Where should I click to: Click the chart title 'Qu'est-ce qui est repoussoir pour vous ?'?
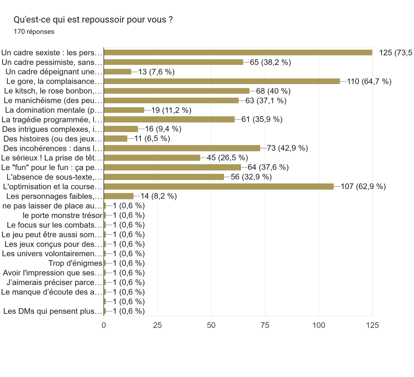(x=93, y=20)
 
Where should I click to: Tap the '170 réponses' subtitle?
(x=34, y=32)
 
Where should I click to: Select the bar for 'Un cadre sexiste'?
(x=238, y=53)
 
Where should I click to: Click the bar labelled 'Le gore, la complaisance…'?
(x=222, y=81)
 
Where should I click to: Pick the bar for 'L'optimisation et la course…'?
(x=219, y=187)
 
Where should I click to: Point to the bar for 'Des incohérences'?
(x=182, y=148)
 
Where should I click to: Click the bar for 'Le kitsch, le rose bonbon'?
(x=176, y=91)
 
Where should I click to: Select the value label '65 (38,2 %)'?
(x=270, y=62)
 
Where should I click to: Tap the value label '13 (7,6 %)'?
(x=156, y=72)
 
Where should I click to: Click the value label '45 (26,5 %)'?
(x=227, y=158)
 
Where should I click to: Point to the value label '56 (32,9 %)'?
(x=251, y=177)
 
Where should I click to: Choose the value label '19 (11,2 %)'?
(x=171, y=110)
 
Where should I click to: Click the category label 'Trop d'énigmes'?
(x=75, y=263)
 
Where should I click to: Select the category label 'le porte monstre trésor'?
(x=62, y=215)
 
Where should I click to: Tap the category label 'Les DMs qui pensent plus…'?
(x=53, y=311)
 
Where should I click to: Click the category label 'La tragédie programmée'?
(x=52, y=120)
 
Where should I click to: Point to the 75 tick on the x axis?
(x=265, y=325)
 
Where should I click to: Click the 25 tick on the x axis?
(x=157, y=325)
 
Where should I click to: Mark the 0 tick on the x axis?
(x=104, y=325)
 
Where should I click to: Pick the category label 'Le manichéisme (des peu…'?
(x=53, y=101)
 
